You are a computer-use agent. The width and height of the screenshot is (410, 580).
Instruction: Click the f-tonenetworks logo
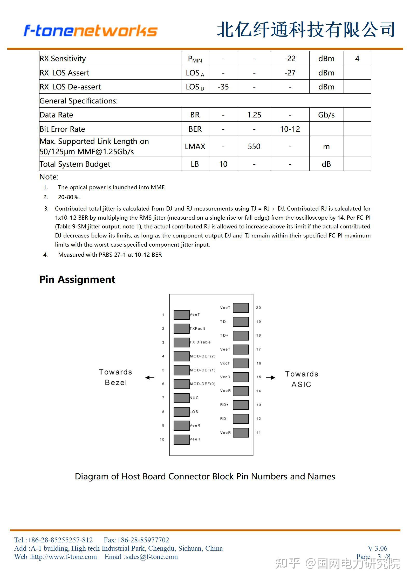(x=90, y=31)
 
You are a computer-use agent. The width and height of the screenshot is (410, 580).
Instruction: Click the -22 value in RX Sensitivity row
(x=290, y=59)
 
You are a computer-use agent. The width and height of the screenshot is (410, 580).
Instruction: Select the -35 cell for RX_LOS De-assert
(x=223, y=87)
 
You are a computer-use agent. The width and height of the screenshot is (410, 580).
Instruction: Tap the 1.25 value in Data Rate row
(x=254, y=115)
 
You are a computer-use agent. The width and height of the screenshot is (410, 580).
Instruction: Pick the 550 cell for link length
(x=254, y=146)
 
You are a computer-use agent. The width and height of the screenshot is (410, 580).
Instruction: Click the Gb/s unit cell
(x=326, y=115)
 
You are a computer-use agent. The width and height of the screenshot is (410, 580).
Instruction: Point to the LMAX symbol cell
(x=195, y=146)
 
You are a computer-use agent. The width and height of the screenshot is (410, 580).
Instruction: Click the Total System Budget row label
(x=75, y=164)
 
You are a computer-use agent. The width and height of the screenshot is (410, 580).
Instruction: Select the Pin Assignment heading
(x=77, y=279)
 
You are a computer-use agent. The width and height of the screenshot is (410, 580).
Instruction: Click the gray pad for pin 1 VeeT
(x=181, y=315)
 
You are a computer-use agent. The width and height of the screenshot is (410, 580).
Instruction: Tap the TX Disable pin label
(x=200, y=342)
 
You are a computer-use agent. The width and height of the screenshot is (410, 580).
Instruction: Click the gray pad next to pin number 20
(x=241, y=308)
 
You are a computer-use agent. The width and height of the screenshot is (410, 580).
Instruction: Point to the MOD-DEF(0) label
(x=203, y=384)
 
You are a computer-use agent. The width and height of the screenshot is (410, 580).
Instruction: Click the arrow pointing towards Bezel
(x=150, y=378)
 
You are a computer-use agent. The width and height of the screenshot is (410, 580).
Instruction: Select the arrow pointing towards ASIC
(x=270, y=378)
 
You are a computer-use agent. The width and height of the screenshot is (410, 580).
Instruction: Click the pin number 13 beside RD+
(x=258, y=405)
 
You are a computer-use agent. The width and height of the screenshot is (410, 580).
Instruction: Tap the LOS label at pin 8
(x=194, y=412)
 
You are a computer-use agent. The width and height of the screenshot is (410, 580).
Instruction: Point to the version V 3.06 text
(x=377, y=548)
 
